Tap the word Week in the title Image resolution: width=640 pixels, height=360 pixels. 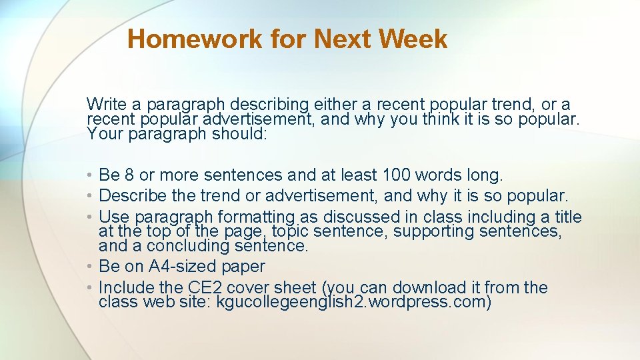coord(413,39)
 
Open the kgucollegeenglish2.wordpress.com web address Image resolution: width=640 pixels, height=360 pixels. coord(354,303)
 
